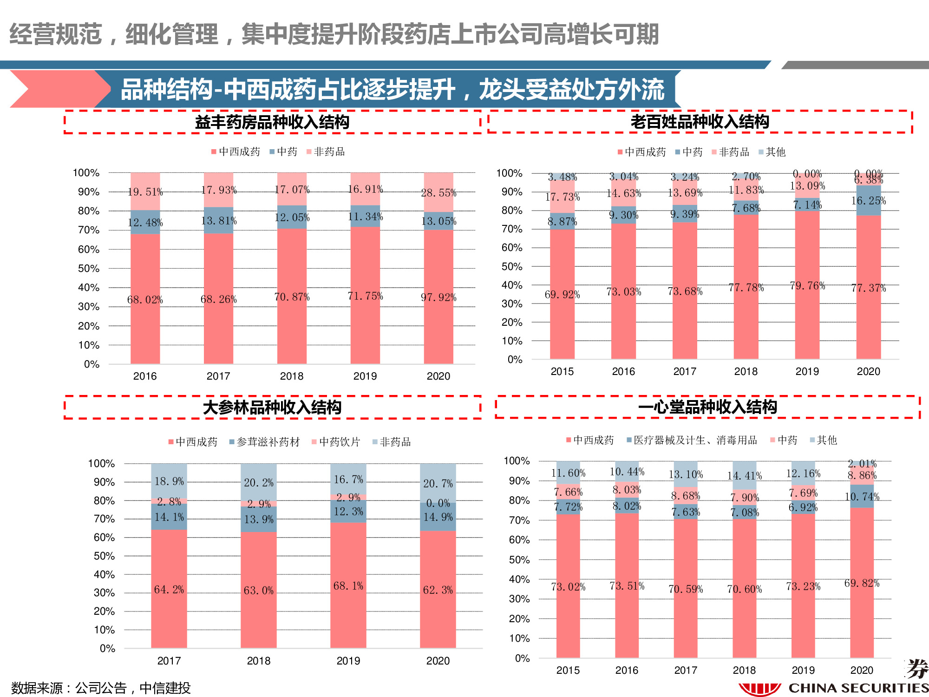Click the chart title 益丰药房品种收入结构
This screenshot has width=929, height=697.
pos(272,122)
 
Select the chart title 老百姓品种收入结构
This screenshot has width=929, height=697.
pos(700,122)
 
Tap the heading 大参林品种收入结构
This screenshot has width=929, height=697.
pos(272,408)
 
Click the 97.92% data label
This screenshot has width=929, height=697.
pos(438,297)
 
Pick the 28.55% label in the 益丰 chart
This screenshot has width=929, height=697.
pos(438,193)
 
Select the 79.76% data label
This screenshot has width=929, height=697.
pos(807,286)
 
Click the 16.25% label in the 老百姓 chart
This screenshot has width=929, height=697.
pos(868,201)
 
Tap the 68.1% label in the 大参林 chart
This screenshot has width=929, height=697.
pos(348,586)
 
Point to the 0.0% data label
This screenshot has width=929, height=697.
pos(438,503)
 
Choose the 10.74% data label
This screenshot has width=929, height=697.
pos(862,497)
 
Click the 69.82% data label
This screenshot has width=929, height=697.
pos(862,583)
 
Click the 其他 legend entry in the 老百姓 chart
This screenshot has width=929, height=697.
pos(775,152)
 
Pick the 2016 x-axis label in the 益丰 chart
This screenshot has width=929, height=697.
pos(145,376)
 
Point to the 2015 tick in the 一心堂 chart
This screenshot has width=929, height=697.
pos(568,670)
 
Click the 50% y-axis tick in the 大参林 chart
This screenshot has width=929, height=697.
pos(104,556)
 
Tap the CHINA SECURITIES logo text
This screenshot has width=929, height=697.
pos(858,688)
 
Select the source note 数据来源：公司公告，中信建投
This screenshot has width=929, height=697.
pos(101,688)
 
